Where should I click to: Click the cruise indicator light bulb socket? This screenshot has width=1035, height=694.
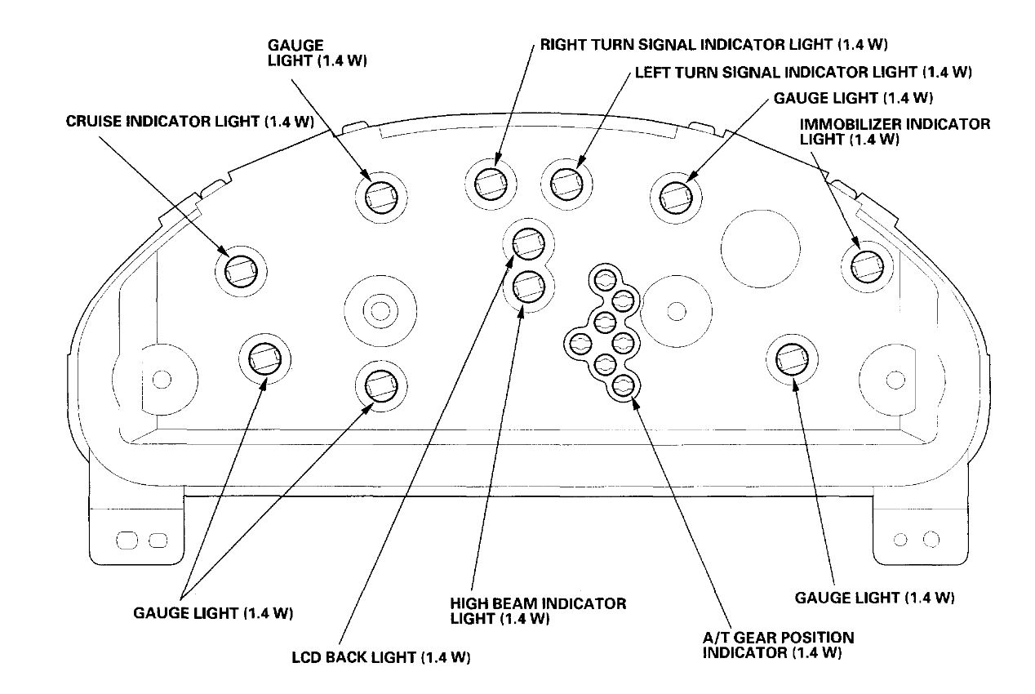pos(241,269)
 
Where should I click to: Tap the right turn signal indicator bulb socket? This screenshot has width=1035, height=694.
pos(491,184)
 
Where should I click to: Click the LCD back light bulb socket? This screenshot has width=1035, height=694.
pos(528,242)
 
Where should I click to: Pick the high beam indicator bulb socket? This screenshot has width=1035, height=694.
pos(529,287)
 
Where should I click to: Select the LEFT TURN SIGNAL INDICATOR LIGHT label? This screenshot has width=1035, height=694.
pos(802,72)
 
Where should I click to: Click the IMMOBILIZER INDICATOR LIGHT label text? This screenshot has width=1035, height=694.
pos(894,131)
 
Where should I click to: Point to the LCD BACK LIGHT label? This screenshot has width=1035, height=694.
pos(382,657)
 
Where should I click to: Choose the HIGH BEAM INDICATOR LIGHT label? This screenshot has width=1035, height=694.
pos(538,611)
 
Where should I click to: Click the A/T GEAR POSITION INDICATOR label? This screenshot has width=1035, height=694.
pos(778,644)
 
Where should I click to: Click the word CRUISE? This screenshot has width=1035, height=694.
pos(91,122)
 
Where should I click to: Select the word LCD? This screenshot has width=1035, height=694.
pos(309,657)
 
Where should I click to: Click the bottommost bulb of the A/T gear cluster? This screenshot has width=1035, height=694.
pos(624,386)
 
